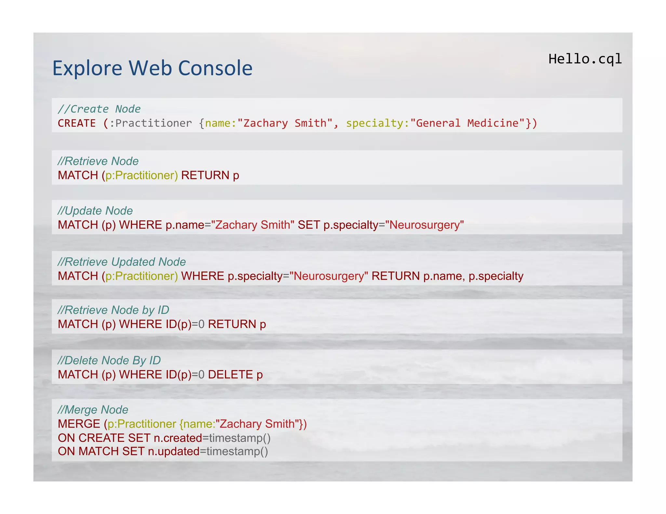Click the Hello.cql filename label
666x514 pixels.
pos(585,59)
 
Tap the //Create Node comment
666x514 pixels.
pos(99,109)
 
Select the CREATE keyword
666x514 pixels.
pos(77,123)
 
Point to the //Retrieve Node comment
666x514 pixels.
pos(98,161)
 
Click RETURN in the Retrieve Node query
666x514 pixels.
pos(205,175)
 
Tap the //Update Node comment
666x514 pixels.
pos(95,211)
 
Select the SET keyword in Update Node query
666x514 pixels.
pos(309,225)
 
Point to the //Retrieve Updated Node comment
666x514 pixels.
pos(122,262)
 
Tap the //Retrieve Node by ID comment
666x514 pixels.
pos(113,310)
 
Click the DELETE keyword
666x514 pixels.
pos(230,375)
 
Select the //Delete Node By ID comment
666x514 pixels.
pos(109,360)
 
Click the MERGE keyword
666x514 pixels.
pos(79,424)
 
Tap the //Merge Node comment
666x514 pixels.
pos(93,410)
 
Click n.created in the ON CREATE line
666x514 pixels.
pos(178,438)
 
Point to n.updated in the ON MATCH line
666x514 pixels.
pos(174,452)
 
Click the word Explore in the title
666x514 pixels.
pos(87,68)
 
